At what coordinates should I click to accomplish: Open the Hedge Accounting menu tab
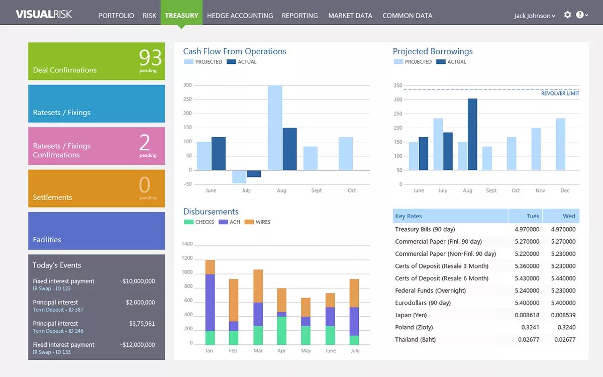click(x=240, y=16)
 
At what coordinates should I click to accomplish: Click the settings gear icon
click(x=567, y=15)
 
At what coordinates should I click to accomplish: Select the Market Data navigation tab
click(x=350, y=16)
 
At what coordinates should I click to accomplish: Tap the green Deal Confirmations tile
click(x=96, y=61)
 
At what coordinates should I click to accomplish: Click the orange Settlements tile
click(x=96, y=189)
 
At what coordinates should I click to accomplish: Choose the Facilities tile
click(x=96, y=231)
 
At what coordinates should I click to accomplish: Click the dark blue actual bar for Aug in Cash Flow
click(x=289, y=149)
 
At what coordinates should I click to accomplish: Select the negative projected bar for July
click(x=239, y=176)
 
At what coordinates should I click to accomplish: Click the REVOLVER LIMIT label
click(x=560, y=93)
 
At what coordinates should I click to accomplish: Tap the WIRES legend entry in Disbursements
click(x=262, y=222)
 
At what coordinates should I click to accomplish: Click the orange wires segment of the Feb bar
click(x=234, y=300)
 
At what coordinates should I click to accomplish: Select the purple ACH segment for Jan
click(x=210, y=302)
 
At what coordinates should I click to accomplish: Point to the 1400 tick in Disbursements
click(x=187, y=244)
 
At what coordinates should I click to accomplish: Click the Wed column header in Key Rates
click(x=569, y=216)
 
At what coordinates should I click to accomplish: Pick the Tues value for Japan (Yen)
click(x=527, y=315)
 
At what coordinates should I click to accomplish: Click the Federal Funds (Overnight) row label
click(x=430, y=291)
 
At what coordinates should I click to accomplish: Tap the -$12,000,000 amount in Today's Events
click(x=137, y=345)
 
